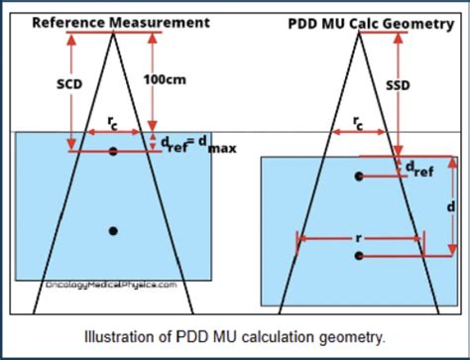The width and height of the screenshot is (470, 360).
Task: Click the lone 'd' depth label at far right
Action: [x=451, y=206]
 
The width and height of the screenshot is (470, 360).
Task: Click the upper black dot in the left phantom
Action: [x=114, y=151]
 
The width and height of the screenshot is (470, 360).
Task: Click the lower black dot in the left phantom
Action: [x=114, y=231]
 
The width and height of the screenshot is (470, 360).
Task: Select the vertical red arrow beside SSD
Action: [x=389, y=89]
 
